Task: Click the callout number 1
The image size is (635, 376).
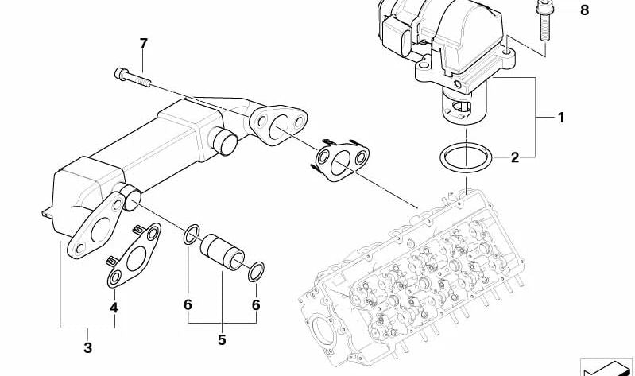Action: [x=560, y=118]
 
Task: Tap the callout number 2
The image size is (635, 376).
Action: [x=514, y=157]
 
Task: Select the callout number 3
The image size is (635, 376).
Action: [x=88, y=347]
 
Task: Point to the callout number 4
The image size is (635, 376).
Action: [x=114, y=307]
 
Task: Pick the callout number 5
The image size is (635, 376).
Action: [x=222, y=340]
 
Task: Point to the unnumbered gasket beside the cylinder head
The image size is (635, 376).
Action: [x=341, y=161]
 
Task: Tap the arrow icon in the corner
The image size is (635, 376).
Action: [x=607, y=367]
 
